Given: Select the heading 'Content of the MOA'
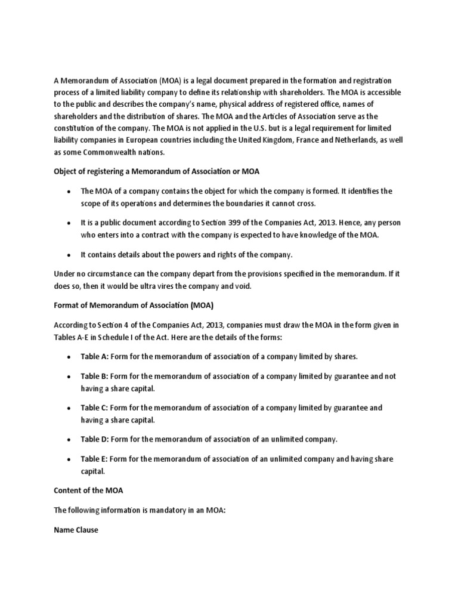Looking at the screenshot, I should coord(88,491).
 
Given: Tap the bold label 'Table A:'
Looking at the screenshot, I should coord(94,356).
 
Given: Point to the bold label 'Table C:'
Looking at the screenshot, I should coord(94,408).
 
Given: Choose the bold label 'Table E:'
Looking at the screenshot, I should coord(94,459).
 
